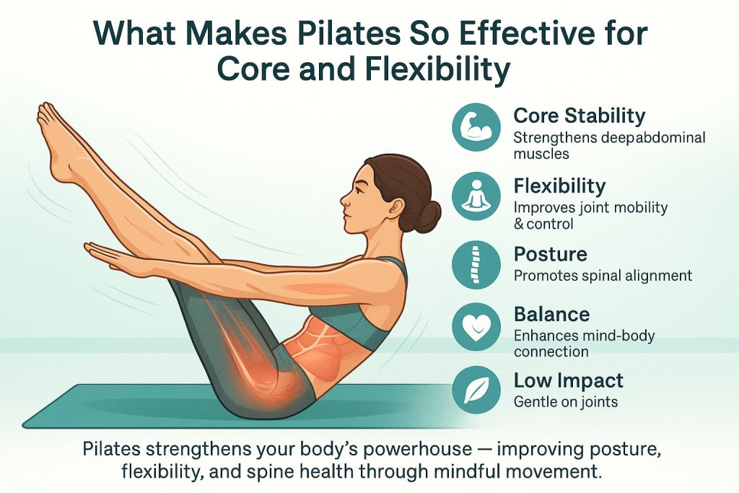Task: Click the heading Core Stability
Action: point(579,115)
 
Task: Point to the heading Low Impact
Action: point(568,381)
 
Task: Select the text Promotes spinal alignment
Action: point(603,276)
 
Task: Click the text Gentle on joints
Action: point(566,401)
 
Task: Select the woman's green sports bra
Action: point(368,310)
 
